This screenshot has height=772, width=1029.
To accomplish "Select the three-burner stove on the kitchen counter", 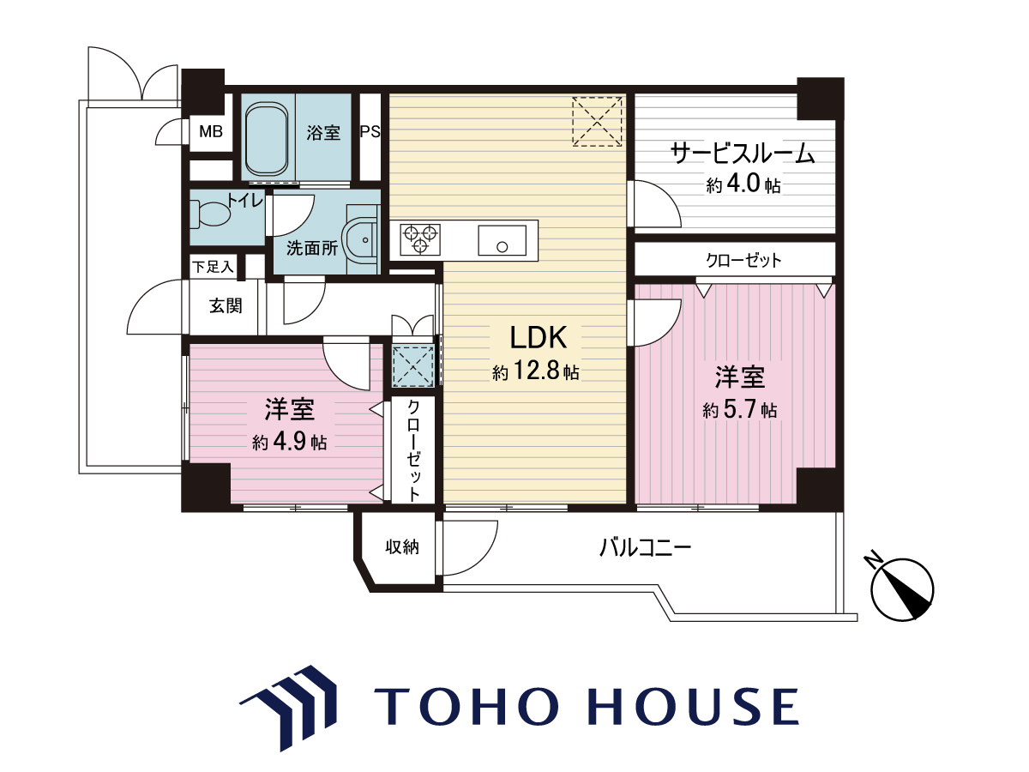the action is tap(420, 239).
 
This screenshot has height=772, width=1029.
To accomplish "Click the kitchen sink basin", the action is tap(502, 240).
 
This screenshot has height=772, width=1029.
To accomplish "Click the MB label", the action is tap(210, 132).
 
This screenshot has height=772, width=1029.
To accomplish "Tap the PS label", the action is tap(370, 132).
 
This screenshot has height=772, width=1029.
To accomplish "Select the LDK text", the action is tap(538, 337).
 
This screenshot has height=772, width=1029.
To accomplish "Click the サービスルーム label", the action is tap(743, 154).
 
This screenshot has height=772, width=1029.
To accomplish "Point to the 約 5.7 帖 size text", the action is tap(739, 410).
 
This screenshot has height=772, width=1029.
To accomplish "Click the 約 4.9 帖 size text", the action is tap(289, 442).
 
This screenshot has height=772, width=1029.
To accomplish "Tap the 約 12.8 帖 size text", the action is tap(536, 371).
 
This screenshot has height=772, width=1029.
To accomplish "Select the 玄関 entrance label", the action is tap(226, 306).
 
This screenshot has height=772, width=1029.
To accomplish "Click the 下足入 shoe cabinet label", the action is tap(213, 267).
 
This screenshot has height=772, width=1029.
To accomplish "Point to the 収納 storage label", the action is tap(402, 547).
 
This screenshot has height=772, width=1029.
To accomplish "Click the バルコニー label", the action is tap(646, 547).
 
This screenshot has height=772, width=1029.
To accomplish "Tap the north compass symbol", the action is tap(900, 589).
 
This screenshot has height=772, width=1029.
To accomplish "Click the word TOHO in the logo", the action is tap(477, 707).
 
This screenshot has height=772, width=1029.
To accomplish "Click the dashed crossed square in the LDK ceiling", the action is tap(597, 122).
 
